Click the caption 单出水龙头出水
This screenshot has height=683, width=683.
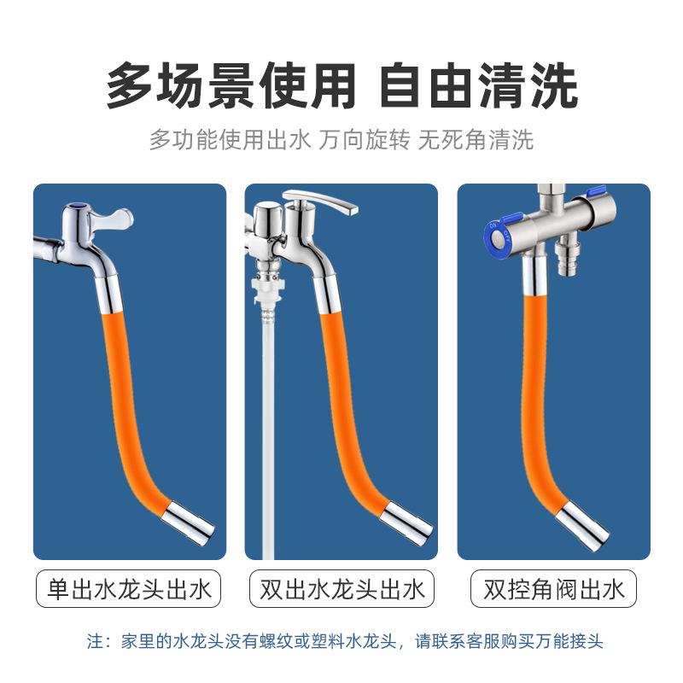point(129,590)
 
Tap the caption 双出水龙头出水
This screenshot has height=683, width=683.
point(341,590)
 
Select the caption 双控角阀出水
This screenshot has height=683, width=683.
point(554,590)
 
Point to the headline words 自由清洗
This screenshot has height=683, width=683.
point(479,88)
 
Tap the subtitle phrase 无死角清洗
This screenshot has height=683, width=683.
point(476,139)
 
